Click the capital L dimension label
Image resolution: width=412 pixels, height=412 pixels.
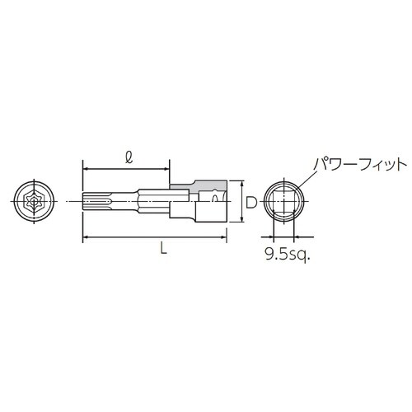coord(163,252)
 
